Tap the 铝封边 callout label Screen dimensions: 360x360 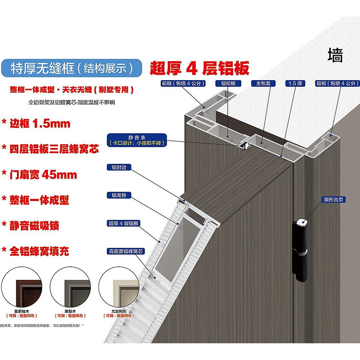[x=114, y=167]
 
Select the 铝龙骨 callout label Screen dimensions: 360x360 [x=114, y=195]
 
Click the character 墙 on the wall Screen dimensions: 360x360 [x=335, y=56]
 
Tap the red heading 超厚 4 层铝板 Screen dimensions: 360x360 [x=198, y=68]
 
